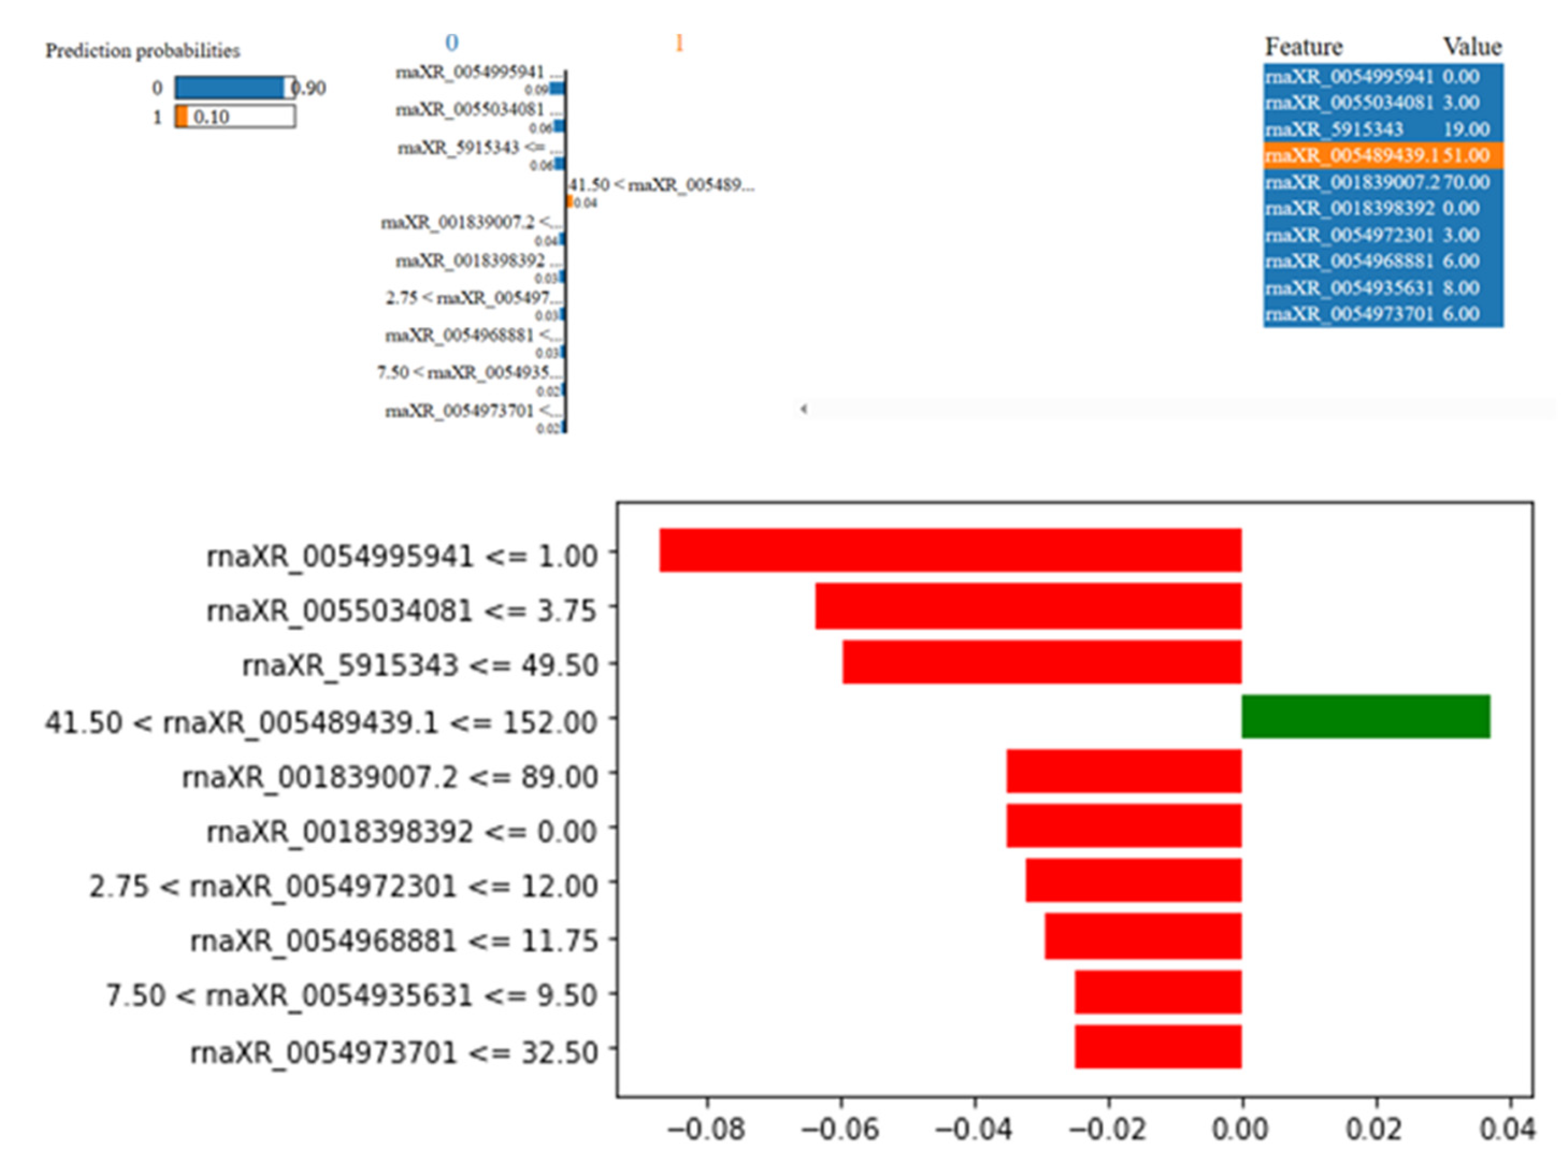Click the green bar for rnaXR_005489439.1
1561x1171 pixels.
point(1366,716)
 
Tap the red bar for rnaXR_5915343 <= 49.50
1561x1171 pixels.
point(1042,662)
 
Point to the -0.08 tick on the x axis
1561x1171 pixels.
point(707,1129)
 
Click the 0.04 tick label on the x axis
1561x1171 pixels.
point(1507,1129)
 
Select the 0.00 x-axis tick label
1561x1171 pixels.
point(1240,1129)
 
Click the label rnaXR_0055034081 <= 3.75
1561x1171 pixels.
point(402,610)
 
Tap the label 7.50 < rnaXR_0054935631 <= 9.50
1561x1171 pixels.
point(351,995)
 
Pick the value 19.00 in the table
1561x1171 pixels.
point(1466,129)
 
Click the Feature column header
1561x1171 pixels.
point(1303,47)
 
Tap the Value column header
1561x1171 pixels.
point(1471,47)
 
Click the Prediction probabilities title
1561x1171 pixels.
point(143,51)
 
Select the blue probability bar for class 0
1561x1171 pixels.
point(230,88)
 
